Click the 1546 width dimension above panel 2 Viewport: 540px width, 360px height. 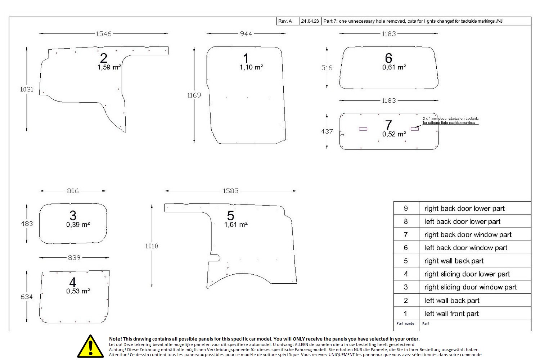104,34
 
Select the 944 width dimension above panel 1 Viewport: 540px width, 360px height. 246,34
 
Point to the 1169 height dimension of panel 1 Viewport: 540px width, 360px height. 194,95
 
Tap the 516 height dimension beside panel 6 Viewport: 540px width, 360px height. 327,68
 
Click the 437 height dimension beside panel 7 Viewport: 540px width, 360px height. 327,131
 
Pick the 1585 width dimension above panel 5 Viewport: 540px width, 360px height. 230,191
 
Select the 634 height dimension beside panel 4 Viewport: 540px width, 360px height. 27,297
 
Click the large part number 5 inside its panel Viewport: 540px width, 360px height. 230,216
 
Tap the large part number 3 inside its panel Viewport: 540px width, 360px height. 73,216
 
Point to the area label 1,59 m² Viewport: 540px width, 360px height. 109,67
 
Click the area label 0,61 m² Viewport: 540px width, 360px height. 394,67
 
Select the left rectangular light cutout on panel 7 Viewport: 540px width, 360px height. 363,129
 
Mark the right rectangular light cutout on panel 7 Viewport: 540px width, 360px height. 415,129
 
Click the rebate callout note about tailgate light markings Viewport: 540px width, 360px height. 450,121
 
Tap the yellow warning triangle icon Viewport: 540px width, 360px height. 90,347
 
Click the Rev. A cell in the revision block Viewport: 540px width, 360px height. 285,21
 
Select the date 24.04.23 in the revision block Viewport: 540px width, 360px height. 310,21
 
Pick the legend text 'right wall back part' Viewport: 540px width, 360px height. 454,261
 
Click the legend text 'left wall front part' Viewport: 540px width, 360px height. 451,314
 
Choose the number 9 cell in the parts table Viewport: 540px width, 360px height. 406,208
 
